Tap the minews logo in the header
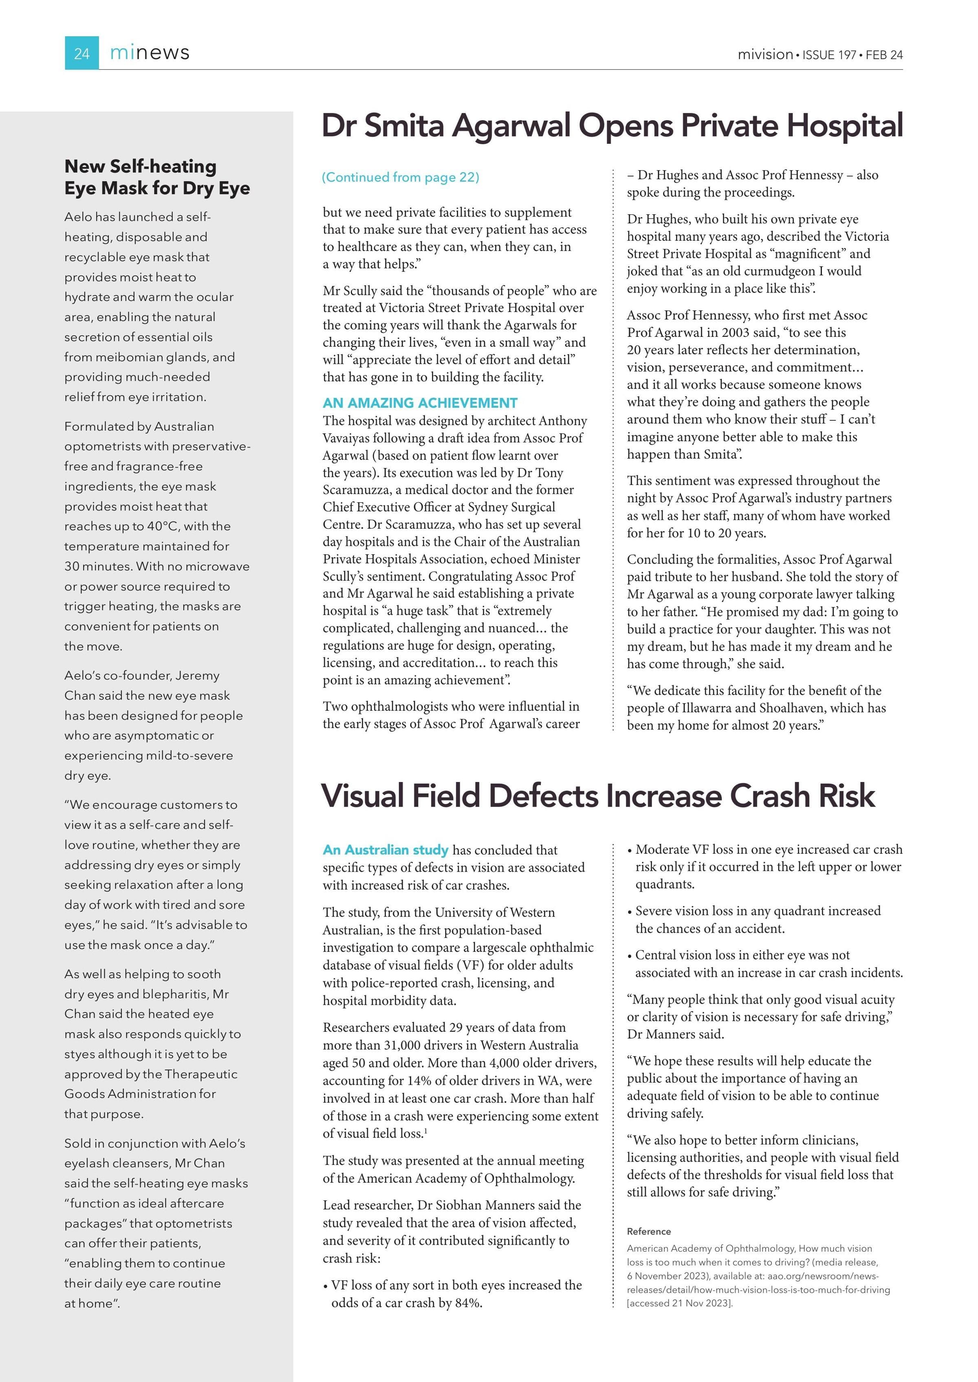(x=150, y=53)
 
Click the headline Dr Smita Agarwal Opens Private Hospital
(x=612, y=126)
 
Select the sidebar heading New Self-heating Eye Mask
(x=156, y=177)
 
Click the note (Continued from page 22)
(x=401, y=177)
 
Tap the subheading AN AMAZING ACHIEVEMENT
(x=420, y=403)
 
